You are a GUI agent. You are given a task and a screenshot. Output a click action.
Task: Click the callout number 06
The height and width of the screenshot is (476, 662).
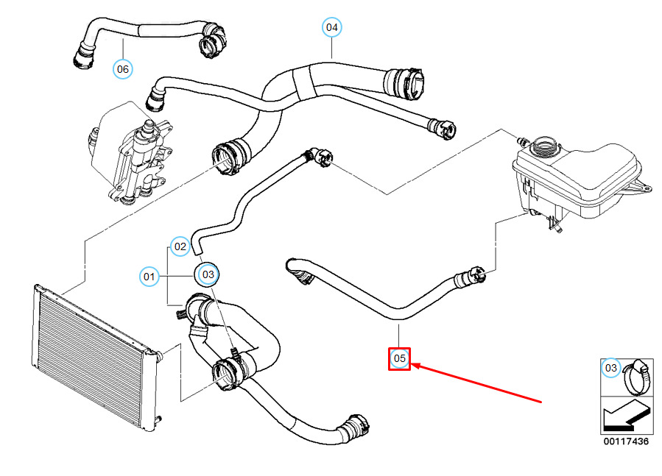click(x=122, y=69)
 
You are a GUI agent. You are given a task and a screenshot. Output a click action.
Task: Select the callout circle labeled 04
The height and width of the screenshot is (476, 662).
click(x=332, y=28)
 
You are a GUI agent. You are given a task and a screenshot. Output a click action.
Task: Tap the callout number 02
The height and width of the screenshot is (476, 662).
click(x=180, y=246)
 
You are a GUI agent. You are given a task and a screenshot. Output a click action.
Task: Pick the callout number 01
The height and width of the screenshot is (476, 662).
click(x=149, y=277)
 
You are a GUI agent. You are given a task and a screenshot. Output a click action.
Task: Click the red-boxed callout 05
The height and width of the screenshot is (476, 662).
click(x=399, y=358)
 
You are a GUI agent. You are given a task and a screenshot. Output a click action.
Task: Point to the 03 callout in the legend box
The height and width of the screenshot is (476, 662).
click(x=611, y=368)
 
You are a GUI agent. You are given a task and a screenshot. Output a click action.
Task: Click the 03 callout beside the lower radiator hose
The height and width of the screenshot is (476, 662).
click(x=208, y=275)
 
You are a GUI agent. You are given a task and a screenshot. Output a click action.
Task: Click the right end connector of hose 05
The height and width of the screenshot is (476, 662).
click(x=470, y=277)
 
